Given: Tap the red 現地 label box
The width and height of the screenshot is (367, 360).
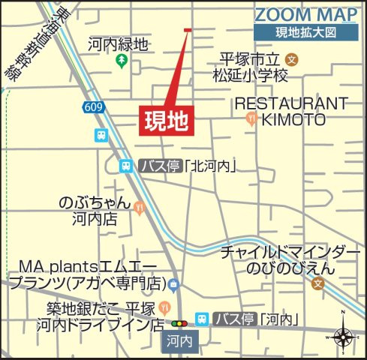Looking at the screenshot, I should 165,119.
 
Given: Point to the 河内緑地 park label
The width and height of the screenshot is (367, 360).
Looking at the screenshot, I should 118,45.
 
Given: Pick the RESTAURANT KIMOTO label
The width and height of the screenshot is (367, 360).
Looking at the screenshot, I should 292,111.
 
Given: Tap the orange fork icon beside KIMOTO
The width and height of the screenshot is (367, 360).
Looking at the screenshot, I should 251,118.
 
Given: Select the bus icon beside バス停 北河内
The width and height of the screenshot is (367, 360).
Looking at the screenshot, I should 125,166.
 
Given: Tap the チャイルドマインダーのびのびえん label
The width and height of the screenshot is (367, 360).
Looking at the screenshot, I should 284,259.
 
